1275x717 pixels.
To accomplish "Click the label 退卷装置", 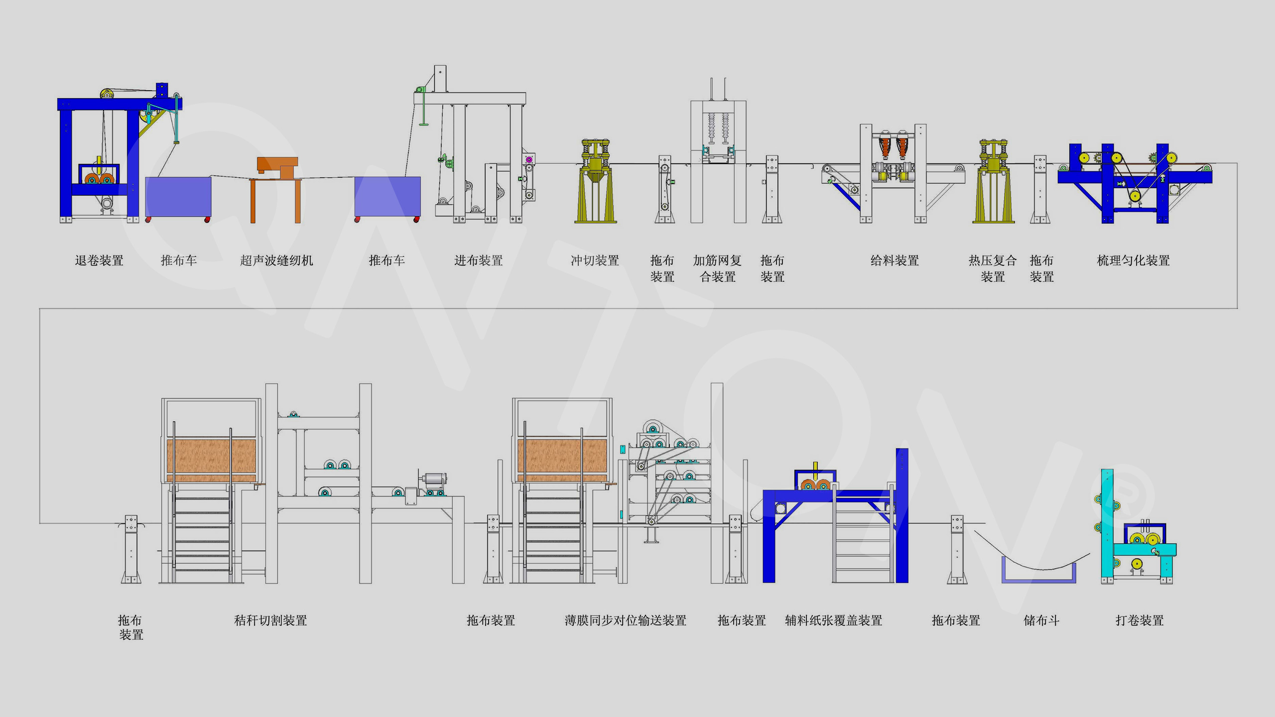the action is coord(99,260).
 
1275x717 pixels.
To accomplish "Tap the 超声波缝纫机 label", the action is coord(276,260).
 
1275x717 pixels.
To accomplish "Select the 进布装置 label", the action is coord(478,260).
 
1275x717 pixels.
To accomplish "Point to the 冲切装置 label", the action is coord(595,260).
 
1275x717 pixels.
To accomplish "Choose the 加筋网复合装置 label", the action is coord(717,268).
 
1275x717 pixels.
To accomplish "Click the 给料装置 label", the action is coord(894,260).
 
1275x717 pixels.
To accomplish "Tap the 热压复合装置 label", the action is coord(993,268).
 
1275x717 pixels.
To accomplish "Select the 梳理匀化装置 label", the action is coord(1133,260).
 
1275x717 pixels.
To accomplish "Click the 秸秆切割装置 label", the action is coord(270,620).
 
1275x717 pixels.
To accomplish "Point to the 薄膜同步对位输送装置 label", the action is coord(626,620).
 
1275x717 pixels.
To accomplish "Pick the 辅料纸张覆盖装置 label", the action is coord(834,620).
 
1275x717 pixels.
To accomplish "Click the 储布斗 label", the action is coord(1041,620).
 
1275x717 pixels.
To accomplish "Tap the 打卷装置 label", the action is coord(1140,620).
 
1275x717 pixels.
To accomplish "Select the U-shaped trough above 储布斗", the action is coord(1039,580).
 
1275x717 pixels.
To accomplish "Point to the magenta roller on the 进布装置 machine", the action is coord(529,159).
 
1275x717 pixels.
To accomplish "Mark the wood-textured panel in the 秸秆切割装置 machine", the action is coord(211,456).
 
